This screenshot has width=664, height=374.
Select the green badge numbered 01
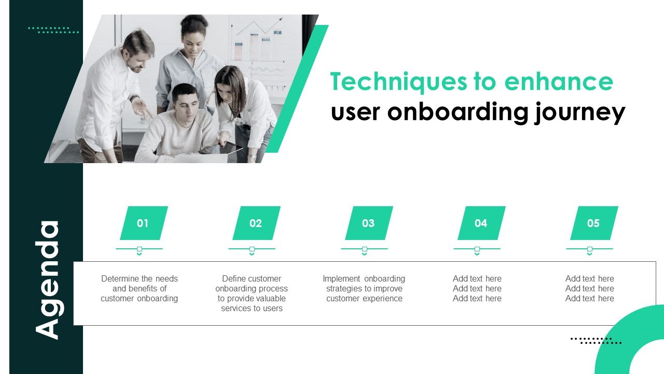click(x=143, y=223)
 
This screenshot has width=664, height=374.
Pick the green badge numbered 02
click(x=256, y=223)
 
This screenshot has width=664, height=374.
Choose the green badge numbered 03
click(x=368, y=223)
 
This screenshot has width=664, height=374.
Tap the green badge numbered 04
click(x=481, y=223)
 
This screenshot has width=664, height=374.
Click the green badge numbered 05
click(x=593, y=223)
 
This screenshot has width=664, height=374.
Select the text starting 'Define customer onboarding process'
click(x=252, y=293)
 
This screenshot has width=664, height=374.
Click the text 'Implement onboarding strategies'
click(x=364, y=288)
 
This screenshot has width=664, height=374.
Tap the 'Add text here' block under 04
click(x=477, y=288)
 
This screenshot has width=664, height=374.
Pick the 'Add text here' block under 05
click(x=589, y=288)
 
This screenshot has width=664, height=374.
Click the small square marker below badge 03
click(x=364, y=249)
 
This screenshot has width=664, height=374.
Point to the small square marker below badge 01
click(x=139, y=249)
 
